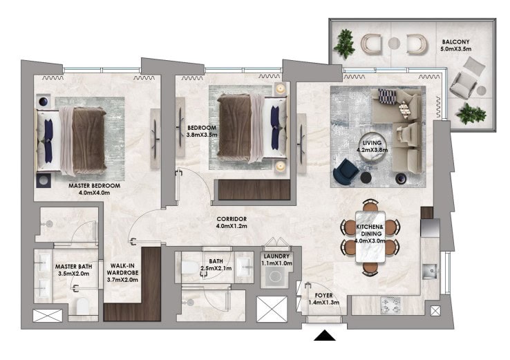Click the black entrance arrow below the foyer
[x=325, y=336]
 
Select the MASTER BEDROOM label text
[x=94, y=186]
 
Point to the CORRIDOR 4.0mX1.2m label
[x=232, y=222]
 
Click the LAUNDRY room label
[x=276, y=256]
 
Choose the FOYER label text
[x=323, y=295]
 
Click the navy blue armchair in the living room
[x=346, y=171]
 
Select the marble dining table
[x=371, y=236]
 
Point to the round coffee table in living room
[x=372, y=148]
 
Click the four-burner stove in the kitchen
[x=390, y=305]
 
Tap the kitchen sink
[x=430, y=272]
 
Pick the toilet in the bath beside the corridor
[x=190, y=267]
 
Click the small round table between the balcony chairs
[x=394, y=44]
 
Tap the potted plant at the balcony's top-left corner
[x=344, y=44]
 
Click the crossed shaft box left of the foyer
[x=272, y=309]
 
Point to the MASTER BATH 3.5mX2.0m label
[x=73, y=270]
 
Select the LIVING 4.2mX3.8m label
[x=372, y=146]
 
